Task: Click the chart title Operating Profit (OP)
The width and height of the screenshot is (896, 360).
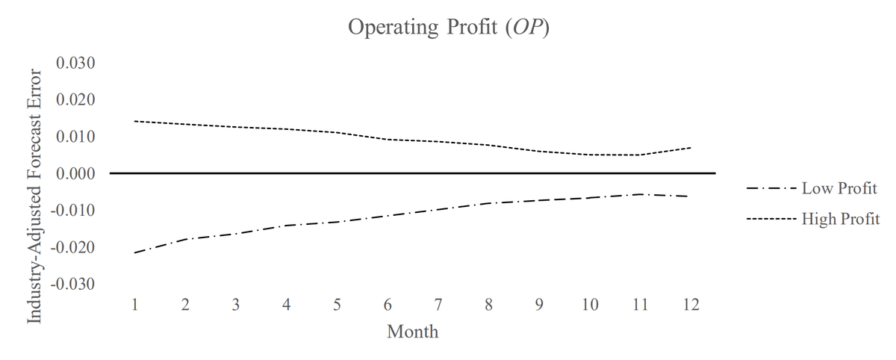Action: [449, 27]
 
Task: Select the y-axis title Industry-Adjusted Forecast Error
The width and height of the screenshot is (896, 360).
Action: [34, 196]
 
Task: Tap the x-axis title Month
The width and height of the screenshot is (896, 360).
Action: [412, 332]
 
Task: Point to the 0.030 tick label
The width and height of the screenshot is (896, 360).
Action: [75, 63]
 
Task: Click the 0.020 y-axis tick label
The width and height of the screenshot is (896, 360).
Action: [75, 99]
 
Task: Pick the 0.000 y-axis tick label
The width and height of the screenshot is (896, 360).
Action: [75, 173]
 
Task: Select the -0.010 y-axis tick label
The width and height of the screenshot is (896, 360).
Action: [73, 211]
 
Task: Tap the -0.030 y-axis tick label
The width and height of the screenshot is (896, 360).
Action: [73, 285]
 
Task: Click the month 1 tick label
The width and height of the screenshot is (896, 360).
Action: [135, 305]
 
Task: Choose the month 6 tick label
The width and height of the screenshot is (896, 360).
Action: [388, 305]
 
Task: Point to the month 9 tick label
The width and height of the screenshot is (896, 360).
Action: [539, 305]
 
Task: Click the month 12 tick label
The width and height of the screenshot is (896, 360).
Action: [691, 305]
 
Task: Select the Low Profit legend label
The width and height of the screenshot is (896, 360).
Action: [839, 188]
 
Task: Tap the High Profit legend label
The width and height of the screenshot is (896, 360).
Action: [841, 219]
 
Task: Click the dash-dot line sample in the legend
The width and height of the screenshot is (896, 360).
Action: [771, 188]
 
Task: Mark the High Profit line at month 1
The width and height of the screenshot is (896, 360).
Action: [135, 121]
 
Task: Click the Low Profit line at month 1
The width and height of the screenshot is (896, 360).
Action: [135, 252]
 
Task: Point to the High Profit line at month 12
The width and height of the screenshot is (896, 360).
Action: [691, 148]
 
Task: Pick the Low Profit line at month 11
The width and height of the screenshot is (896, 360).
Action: [641, 194]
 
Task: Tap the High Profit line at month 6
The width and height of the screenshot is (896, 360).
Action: [388, 139]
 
